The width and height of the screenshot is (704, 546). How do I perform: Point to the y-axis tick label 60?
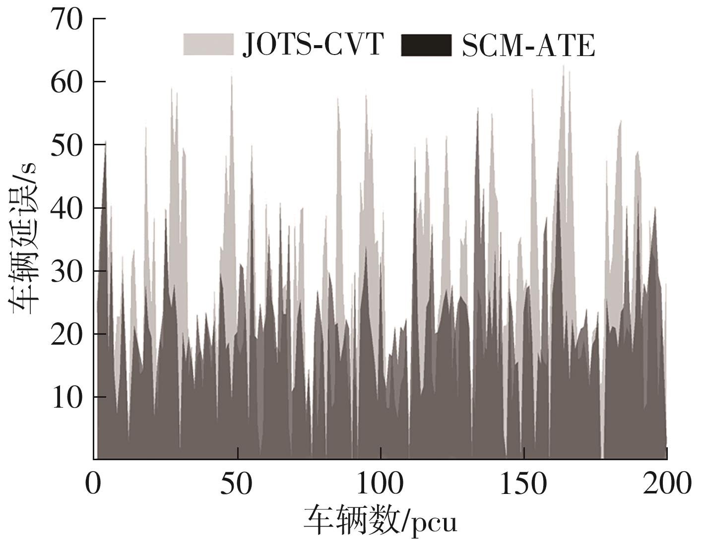pyautogui.click(x=66, y=82)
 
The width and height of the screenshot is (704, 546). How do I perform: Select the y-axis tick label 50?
pyautogui.click(x=66, y=145)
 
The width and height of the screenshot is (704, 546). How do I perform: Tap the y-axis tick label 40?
pyautogui.click(x=66, y=208)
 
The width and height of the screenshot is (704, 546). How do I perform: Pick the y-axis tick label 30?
pyautogui.click(x=66, y=271)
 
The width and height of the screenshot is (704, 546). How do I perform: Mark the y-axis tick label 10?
pyautogui.click(x=66, y=398)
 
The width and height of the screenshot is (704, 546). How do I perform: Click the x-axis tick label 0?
pyautogui.click(x=93, y=484)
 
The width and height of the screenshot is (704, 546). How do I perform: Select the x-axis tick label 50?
pyautogui.click(x=237, y=484)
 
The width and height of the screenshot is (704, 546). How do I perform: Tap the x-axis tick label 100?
pyautogui.click(x=381, y=484)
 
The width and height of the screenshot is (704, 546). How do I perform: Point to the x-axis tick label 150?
pyautogui.click(x=524, y=484)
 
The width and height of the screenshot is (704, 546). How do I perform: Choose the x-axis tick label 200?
pyautogui.click(x=667, y=484)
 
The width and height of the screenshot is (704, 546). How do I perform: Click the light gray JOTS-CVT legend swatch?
pyautogui.click(x=208, y=45)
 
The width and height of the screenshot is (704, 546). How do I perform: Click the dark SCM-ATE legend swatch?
pyautogui.click(x=426, y=45)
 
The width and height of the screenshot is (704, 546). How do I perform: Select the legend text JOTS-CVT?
pyautogui.click(x=313, y=45)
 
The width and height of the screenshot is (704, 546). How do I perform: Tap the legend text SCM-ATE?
pyautogui.click(x=528, y=46)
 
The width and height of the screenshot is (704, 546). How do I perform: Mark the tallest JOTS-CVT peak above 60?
pyautogui.click(x=563, y=66)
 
